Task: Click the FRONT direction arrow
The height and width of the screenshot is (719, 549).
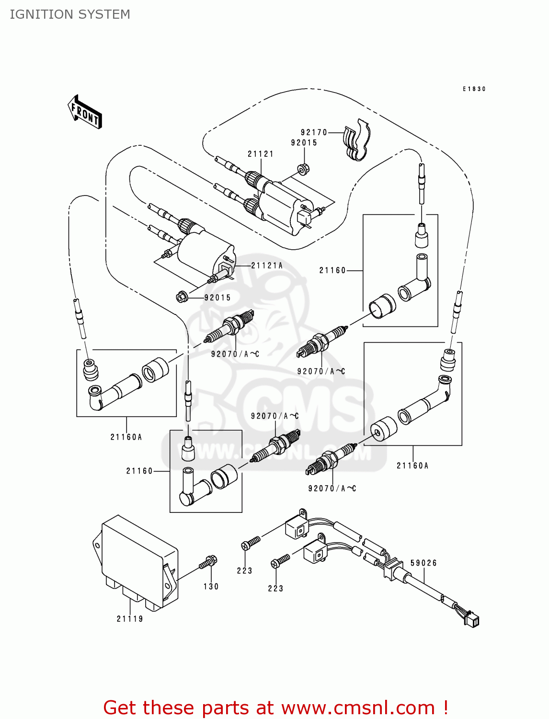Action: pos(85,112)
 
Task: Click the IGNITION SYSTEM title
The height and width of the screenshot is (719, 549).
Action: pos(70,14)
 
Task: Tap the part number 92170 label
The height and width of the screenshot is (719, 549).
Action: pos(314,132)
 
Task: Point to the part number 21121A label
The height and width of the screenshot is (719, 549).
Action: pos(267,266)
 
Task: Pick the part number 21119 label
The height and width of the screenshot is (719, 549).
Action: pos(130,619)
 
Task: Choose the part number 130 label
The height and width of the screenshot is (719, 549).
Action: pos(211,587)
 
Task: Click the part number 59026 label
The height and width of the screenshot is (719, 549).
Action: pos(423,563)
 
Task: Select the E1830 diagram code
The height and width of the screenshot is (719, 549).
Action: pos(474,89)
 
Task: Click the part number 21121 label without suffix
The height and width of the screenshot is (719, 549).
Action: pos(261,154)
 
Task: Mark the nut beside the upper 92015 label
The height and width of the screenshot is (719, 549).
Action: pos(303,169)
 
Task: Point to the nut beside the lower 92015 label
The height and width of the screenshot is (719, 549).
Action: pos(182,297)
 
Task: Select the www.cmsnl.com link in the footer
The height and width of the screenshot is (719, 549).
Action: pos(358,707)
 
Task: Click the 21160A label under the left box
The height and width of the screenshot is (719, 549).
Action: pos(126,437)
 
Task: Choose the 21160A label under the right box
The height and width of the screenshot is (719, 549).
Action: pos(412,465)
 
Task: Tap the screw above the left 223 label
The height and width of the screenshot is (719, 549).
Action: pos(251,543)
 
